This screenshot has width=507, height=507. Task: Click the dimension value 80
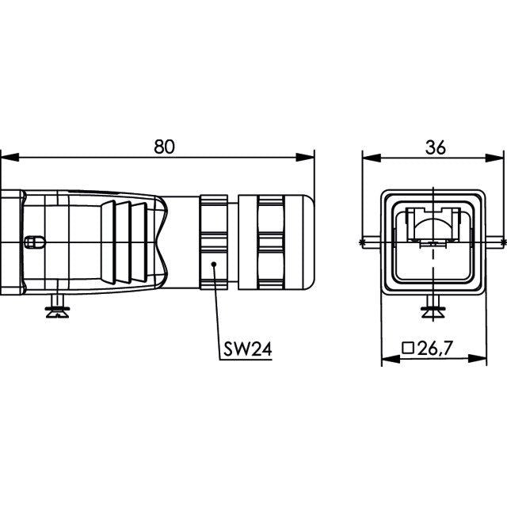pos(164,147)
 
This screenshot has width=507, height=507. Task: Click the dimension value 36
pos(435,147)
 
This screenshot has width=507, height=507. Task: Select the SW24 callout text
pos(248,349)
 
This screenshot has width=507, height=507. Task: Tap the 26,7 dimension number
pos(435,348)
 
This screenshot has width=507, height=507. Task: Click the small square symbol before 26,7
pos(408,348)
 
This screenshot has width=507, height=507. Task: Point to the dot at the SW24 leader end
pos(213,264)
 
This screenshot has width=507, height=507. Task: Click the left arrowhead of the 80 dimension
pos(10,158)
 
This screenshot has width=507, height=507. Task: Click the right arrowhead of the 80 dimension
pos(305,158)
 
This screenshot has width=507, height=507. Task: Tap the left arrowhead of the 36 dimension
pos(372,158)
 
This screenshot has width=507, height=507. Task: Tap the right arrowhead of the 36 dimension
pos(494,158)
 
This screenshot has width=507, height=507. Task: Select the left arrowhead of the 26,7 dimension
pos(391,358)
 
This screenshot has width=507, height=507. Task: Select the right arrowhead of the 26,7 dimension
pos(478,358)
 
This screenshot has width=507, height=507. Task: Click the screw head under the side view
pos(57,311)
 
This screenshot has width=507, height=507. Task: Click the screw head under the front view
pos(433,312)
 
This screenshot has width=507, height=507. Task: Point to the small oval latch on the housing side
pos(35,242)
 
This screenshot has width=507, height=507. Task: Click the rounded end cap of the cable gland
pos(300,242)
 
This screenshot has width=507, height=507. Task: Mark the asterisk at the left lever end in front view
pos(361,242)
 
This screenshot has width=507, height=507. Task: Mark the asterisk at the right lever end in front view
pos(503,242)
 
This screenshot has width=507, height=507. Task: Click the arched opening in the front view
pos(433,221)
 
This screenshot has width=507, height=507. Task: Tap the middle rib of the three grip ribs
pos(124,242)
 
